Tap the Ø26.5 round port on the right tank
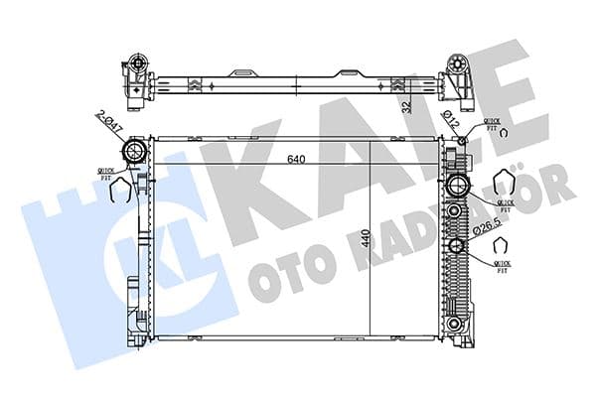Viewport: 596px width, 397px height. [457, 247]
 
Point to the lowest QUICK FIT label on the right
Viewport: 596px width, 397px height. [505, 262]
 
